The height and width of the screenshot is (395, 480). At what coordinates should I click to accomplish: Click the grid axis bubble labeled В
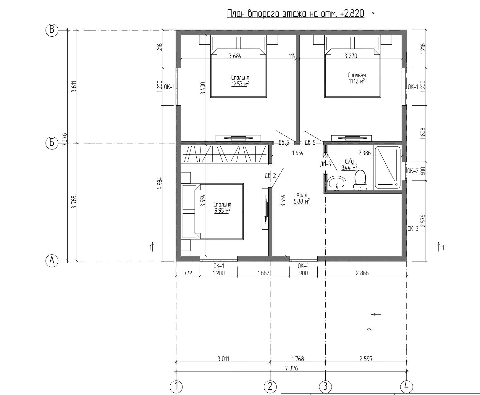[x=52, y=30]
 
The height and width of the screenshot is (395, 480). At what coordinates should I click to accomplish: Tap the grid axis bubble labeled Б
[x=52, y=143]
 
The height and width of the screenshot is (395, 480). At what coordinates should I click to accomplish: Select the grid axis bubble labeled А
[x=52, y=261]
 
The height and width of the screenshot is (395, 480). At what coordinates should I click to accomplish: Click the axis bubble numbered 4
[x=406, y=387]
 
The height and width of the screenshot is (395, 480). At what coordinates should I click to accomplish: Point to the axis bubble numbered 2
[x=270, y=387]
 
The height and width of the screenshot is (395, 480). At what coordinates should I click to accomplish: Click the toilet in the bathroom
[x=360, y=180]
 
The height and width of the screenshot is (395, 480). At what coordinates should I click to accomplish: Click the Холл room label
[x=302, y=195]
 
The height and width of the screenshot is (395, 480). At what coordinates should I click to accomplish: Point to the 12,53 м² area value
[x=240, y=84]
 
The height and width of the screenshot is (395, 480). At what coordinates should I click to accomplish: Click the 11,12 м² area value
[x=356, y=81]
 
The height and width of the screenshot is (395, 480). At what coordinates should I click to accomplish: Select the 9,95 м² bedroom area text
[x=222, y=211]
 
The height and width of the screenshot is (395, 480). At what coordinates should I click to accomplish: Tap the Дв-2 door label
[x=270, y=176]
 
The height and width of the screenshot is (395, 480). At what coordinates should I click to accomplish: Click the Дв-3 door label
[x=325, y=164]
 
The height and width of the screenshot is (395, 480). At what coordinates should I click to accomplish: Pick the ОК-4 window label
[x=303, y=266]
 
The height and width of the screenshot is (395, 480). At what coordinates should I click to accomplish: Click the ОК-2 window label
[x=413, y=171]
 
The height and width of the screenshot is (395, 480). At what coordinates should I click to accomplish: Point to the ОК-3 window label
[x=413, y=228]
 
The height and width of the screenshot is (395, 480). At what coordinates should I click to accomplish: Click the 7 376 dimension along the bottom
[x=291, y=368]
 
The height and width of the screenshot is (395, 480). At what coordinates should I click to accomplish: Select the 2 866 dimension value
[x=362, y=273]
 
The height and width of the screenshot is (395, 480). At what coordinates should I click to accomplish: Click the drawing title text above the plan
[x=296, y=14]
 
